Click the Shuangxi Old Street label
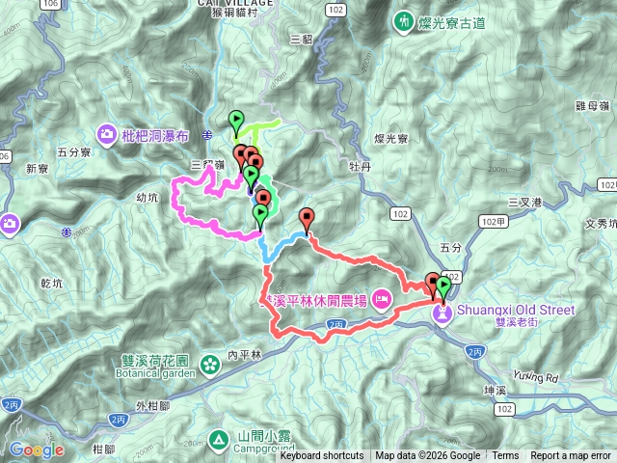click(x=515, y=310)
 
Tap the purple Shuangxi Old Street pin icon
click(x=443, y=313)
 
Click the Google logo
click(x=37, y=449)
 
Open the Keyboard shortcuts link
click(x=322, y=456)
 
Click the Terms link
click(x=505, y=456)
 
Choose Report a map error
click(x=571, y=456)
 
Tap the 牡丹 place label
click(x=361, y=165)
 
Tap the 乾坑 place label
click(x=51, y=284)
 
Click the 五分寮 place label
click(x=73, y=152)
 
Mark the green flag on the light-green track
click(x=235, y=121)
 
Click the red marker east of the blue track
click(x=307, y=217)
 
